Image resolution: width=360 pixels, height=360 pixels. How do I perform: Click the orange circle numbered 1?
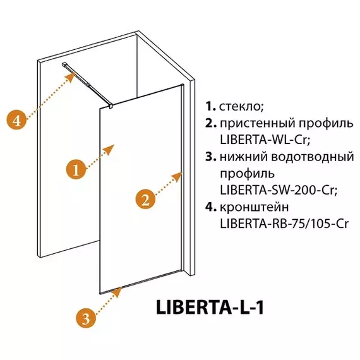(x=76, y=171)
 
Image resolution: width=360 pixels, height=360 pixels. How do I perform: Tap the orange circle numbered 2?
(x=145, y=200)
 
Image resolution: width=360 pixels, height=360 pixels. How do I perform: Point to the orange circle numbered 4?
(x=16, y=120)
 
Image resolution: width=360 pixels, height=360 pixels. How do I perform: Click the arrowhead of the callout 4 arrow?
(x=71, y=77)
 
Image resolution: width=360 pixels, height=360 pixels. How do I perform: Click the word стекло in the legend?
(x=241, y=106)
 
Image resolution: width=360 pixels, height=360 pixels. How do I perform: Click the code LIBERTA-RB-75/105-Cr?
(x=284, y=224)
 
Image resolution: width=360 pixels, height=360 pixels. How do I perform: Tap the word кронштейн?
(x=254, y=207)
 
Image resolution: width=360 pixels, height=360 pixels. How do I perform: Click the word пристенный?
(x=258, y=124)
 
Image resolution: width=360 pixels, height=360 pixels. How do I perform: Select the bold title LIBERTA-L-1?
(x=210, y=307)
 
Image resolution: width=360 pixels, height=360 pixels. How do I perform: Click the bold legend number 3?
(x=210, y=157)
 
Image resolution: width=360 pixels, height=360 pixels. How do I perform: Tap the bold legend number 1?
(x=210, y=106)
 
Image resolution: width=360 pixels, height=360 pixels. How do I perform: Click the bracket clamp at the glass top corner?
(x=111, y=106)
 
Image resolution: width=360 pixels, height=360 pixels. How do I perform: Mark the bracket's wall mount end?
(x=65, y=64)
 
